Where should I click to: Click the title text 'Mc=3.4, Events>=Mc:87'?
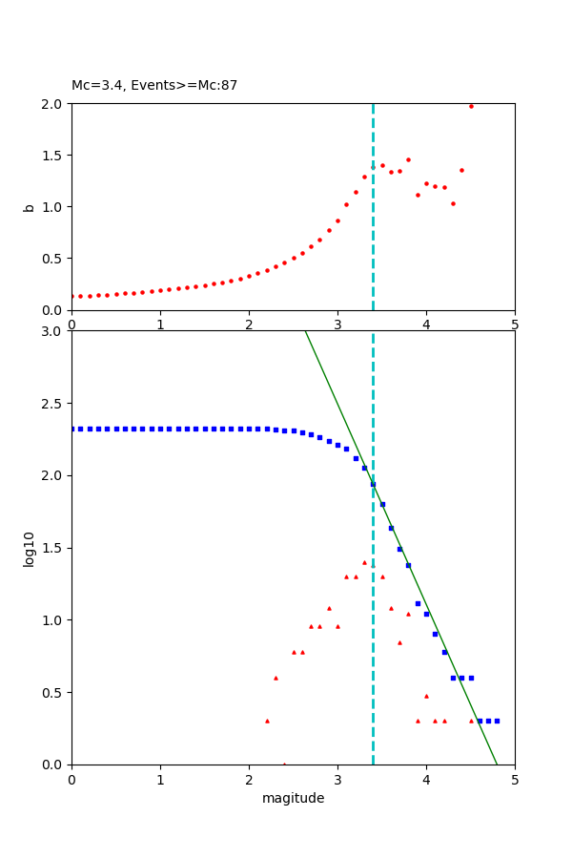point(154,86)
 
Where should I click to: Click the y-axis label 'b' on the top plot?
point(30,206)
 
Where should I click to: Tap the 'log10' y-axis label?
point(30,549)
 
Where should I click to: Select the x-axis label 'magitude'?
point(293,798)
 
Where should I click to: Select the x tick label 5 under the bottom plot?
point(515,780)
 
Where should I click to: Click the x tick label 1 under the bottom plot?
point(160,780)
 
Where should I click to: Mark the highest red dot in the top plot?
point(471,106)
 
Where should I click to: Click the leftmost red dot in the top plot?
point(71,296)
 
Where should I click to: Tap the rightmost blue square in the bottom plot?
point(497,721)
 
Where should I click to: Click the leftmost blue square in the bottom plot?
point(71,429)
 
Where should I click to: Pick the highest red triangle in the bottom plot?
point(364,562)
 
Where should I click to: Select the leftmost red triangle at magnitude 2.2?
point(267,721)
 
